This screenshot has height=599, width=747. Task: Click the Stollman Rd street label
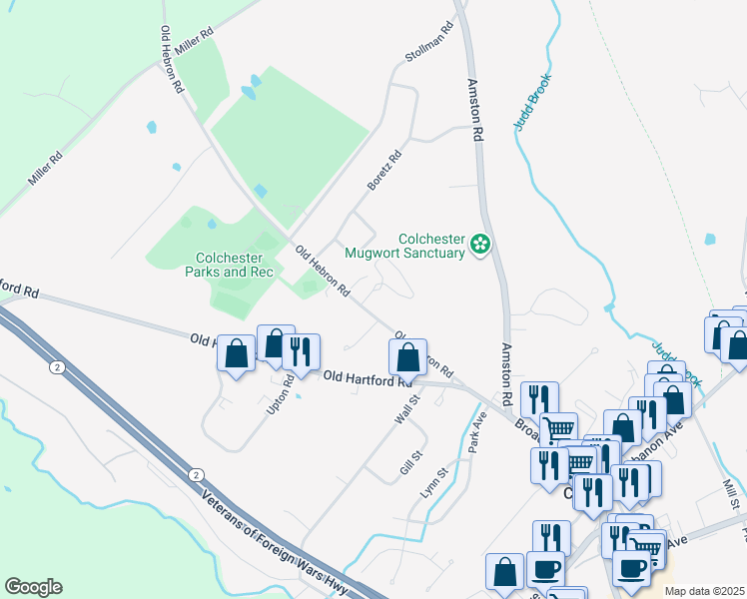[x=429, y=42]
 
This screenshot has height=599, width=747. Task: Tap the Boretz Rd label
[x=383, y=170]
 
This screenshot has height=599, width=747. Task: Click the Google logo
[x=33, y=587]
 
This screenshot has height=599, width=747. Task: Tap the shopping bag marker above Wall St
[x=407, y=356]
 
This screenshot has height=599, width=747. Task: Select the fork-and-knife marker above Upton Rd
[x=300, y=350]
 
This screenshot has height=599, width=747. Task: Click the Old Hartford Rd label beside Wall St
[x=369, y=378]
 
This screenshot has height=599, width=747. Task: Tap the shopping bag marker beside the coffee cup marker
[x=504, y=571]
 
